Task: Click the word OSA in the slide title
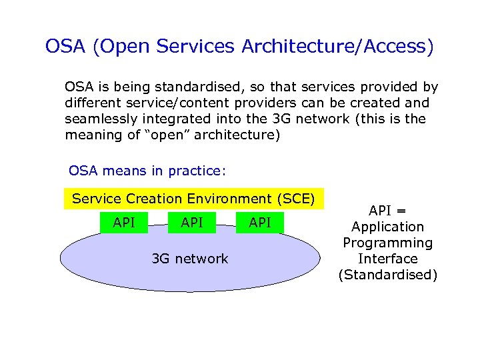coord(66,47)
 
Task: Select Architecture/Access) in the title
coord(337,47)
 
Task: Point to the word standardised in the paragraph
coord(193,87)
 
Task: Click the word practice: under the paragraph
coord(198,171)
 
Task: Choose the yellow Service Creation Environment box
coord(193,199)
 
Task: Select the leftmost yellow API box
coord(124,223)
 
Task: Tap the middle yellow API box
coord(192,223)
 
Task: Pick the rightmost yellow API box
coord(260,223)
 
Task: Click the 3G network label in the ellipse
coord(190,259)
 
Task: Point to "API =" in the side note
coord(388,211)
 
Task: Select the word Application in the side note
coord(388,227)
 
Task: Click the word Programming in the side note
coord(388,243)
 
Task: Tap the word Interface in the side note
coord(388,259)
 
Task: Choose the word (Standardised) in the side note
coord(388,275)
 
